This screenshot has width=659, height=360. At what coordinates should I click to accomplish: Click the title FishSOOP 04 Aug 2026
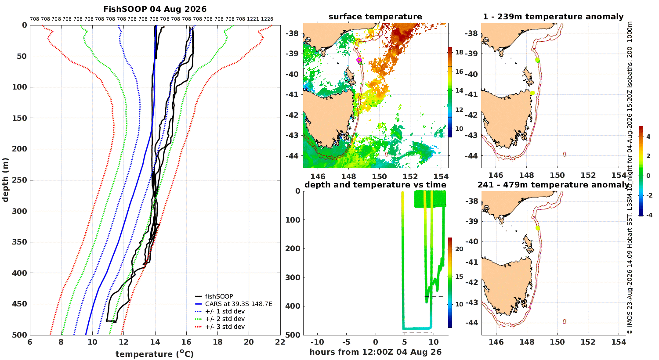155,9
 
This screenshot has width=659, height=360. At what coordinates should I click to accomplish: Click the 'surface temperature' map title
375,16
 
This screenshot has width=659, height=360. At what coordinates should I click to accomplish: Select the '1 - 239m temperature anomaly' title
553,16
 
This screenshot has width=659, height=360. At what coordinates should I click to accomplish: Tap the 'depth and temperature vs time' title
375,184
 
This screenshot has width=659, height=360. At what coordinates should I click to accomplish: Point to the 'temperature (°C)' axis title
155,354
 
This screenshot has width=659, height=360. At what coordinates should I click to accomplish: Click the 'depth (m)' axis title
5,180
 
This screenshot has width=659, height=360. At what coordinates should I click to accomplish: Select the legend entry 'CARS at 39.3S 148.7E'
239,304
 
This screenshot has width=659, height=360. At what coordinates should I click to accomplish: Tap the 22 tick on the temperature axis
280,342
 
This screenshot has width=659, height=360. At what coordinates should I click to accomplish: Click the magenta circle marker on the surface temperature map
359,60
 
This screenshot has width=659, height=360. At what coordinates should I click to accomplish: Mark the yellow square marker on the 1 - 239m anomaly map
532,93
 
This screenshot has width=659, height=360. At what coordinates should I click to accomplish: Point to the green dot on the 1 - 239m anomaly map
537,60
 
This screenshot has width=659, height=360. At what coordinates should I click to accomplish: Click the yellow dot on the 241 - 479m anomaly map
538,228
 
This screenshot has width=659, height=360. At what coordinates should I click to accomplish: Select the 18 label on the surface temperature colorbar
459,52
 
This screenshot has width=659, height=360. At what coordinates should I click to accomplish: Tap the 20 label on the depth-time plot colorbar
459,249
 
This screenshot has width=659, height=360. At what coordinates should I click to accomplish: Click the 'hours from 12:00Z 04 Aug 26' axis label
375,352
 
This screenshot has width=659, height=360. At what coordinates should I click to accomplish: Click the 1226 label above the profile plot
267,19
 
